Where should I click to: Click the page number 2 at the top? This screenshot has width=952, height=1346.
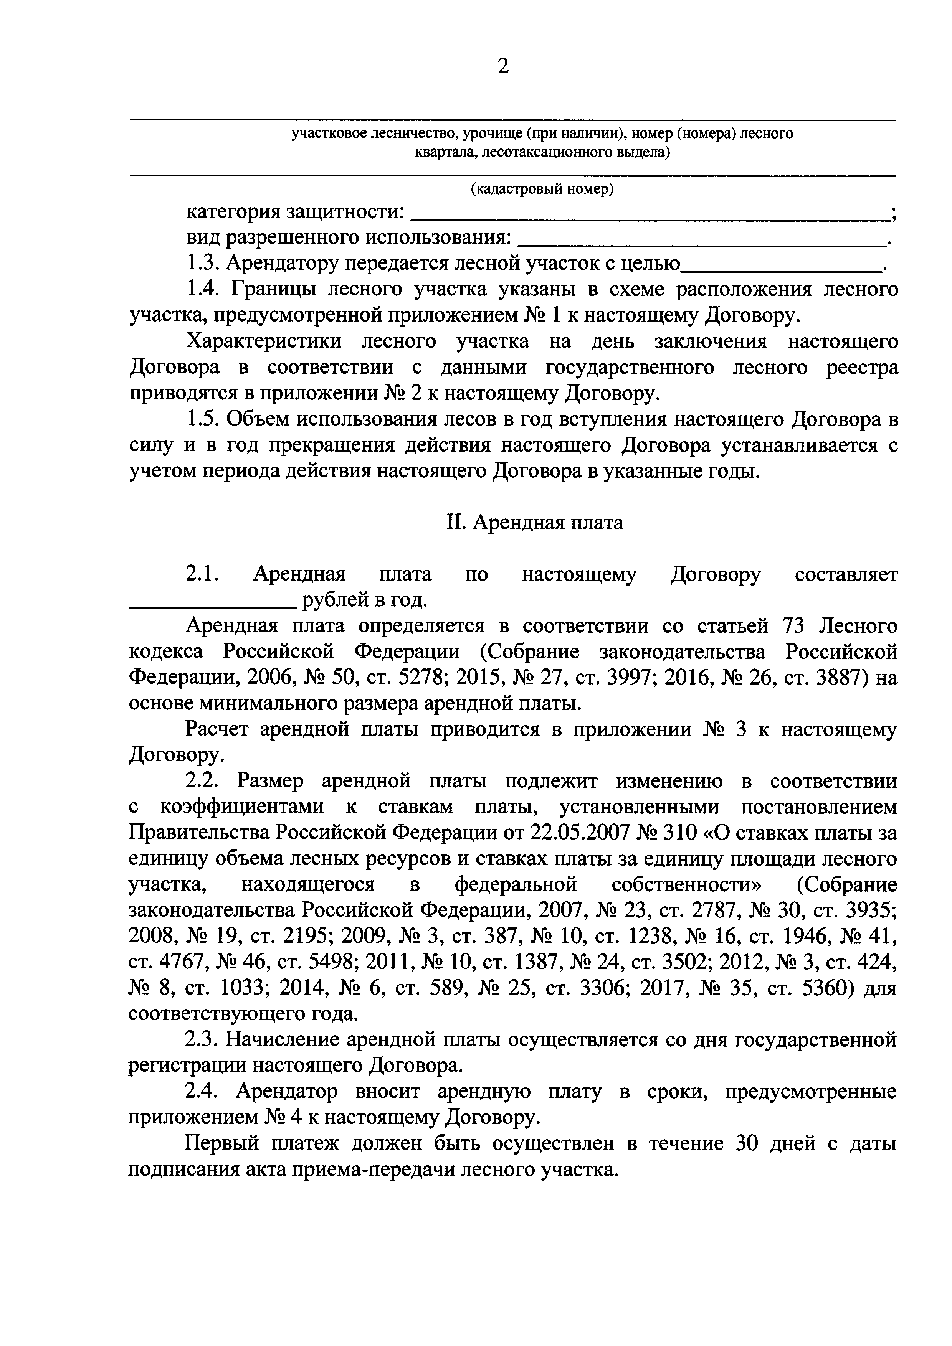pyautogui.click(x=503, y=67)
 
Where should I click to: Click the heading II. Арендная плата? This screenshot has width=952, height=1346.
pyautogui.click(x=534, y=522)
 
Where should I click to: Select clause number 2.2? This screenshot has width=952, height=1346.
pyautogui.click(x=202, y=782)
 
